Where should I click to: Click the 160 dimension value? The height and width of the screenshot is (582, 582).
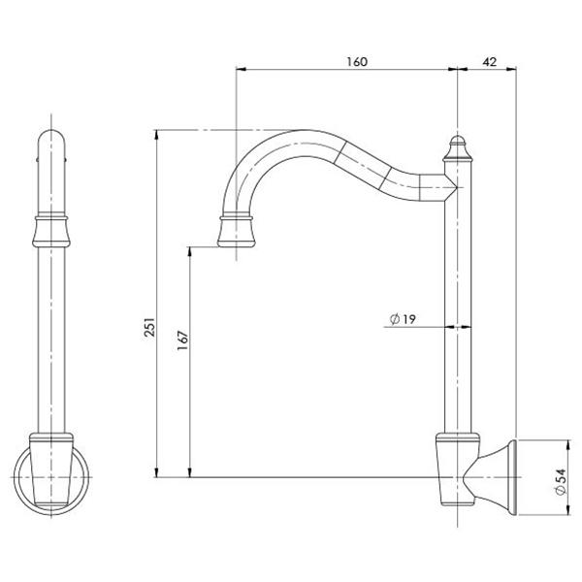(355, 61)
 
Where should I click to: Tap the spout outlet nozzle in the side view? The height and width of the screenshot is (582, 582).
(237, 233)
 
